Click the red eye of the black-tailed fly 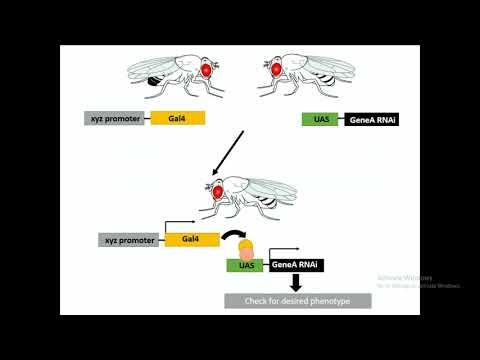[207, 70]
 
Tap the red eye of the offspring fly [217, 189]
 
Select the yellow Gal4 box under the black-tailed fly [178, 119]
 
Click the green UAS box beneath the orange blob [244, 266]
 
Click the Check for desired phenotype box [297, 300]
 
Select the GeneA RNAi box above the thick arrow [298, 266]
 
